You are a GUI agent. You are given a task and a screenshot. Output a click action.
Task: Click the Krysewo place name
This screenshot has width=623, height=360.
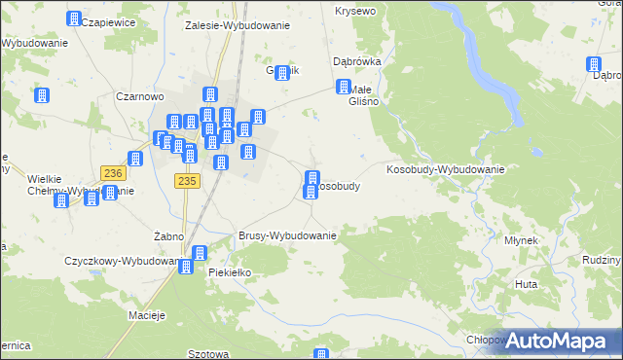[355, 11]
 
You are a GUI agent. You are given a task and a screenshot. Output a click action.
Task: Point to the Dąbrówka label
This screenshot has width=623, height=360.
[356, 60]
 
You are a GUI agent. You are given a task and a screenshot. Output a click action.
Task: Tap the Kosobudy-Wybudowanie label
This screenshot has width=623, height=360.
[446, 169]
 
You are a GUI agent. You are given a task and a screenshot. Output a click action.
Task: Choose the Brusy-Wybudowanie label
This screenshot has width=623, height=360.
[287, 235]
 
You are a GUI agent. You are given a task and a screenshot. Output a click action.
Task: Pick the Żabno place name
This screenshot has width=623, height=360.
[169, 236]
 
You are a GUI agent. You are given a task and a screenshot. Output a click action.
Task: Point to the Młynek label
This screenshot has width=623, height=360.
[521, 239]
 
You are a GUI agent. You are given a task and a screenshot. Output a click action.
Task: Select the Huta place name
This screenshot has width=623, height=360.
[527, 284]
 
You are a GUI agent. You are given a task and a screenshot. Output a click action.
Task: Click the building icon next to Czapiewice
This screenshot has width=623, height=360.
[74, 18]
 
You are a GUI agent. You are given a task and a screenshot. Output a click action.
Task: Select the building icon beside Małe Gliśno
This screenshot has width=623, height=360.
[344, 88]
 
